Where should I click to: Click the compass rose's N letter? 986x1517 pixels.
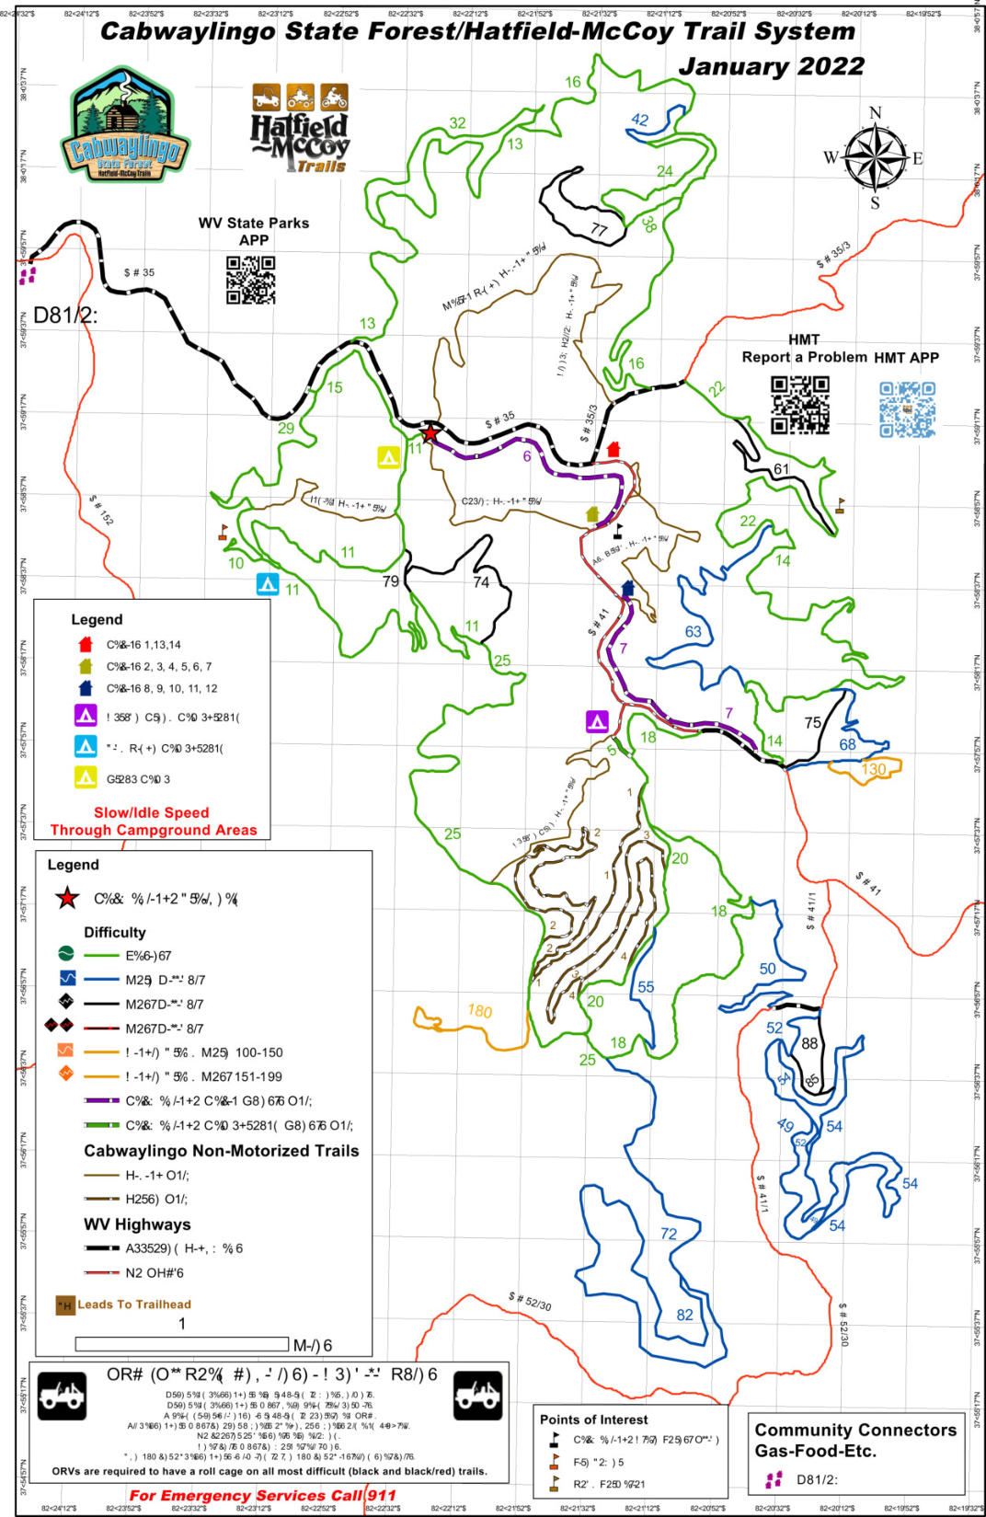coord(875,113)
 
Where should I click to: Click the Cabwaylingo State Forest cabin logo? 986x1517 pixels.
coord(125,125)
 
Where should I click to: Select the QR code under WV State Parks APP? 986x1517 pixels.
coord(251,280)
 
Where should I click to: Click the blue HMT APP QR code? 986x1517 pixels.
coord(907,408)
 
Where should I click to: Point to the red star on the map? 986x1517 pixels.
coord(430,432)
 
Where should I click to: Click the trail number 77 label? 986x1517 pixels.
coord(600,230)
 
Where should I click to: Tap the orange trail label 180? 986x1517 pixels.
coord(479,1010)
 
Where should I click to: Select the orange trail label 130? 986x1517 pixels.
coord(874,769)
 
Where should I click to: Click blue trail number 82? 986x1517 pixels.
coord(684,1315)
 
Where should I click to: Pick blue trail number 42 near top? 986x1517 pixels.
coord(640,120)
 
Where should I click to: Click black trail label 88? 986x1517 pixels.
coord(809,1043)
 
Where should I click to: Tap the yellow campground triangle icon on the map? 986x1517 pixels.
coord(388,456)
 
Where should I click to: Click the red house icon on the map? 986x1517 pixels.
coord(613,450)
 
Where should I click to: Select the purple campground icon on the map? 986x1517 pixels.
coord(597,720)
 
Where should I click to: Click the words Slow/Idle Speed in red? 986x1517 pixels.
coord(151,812)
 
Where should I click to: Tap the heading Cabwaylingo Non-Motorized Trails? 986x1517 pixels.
coord(221,1151)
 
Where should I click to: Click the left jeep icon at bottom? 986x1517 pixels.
coord(62,1396)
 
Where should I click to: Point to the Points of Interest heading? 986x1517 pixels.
coord(593,1419)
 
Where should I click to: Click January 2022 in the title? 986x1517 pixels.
coord(771,66)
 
